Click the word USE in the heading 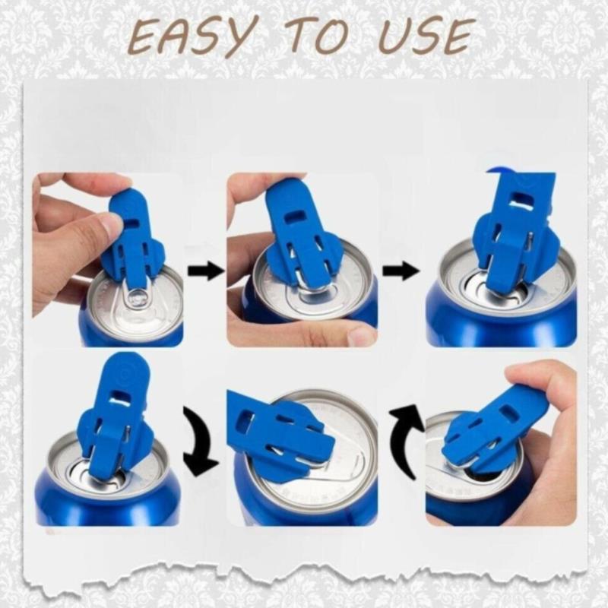pyautogui.click(x=427, y=36)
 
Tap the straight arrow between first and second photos pyautogui.click(x=206, y=271)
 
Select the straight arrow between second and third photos pyautogui.click(x=401, y=271)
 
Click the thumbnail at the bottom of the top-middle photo pyautogui.click(x=362, y=336)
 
